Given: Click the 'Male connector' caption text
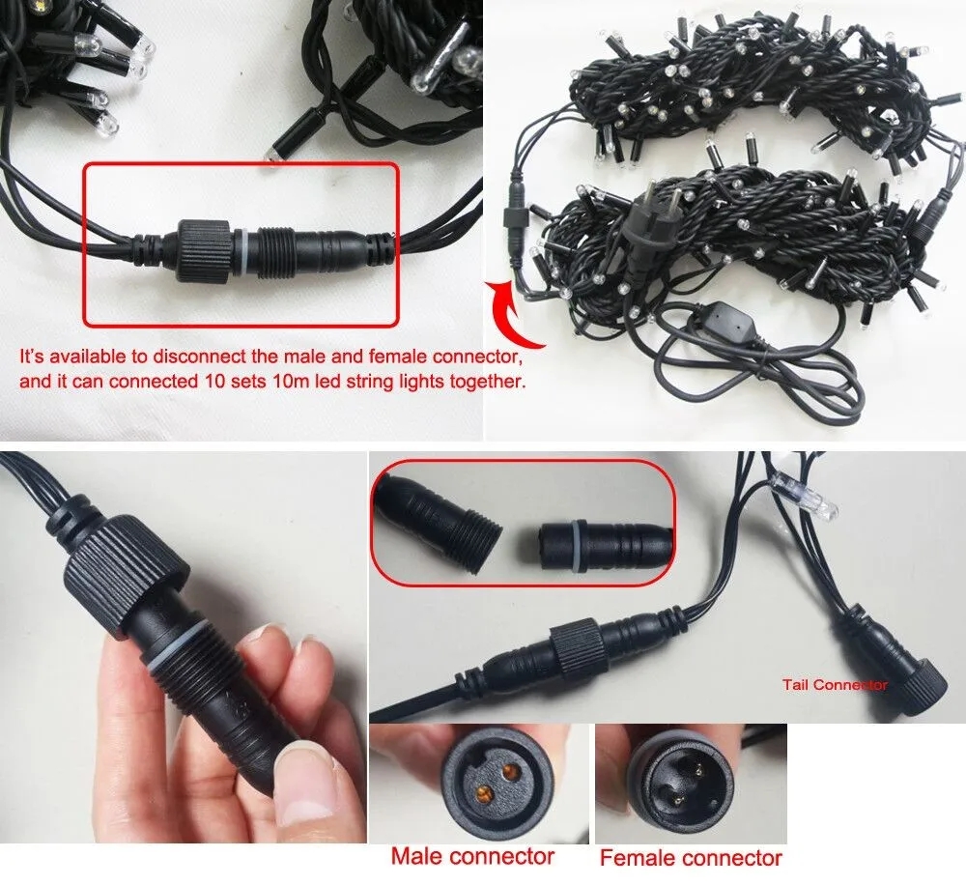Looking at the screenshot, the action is coord(472,856).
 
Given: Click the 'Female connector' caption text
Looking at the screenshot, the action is coord(691,857).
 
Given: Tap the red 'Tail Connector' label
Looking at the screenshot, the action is coord(835,684).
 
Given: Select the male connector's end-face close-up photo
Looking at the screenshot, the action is coord(479,783).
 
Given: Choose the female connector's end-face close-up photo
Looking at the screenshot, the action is coord(691,784).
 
